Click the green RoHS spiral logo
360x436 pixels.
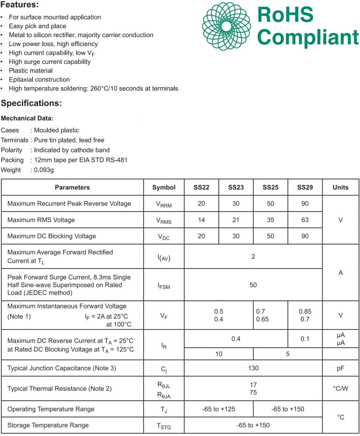pyautogui.click(x=226, y=26)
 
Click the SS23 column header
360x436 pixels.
pyautogui.click(x=236, y=187)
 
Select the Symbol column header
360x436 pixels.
pyautogui.click(x=163, y=187)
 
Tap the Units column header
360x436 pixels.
pyautogui.click(x=340, y=187)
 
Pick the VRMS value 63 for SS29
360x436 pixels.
pyautogui.click(x=305, y=220)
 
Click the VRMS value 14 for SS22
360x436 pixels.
pyautogui.click(x=201, y=220)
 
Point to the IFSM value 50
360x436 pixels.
pyautogui.click(x=253, y=285)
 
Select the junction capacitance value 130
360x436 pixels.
pyautogui.click(x=253, y=368)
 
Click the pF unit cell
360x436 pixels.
pyautogui.click(x=340, y=368)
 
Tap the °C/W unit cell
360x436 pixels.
pyautogui.click(x=340, y=388)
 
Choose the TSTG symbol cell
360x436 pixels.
pyautogui.click(x=163, y=426)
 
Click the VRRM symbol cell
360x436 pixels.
pyautogui.click(x=163, y=204)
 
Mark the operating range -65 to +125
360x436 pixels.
pyautogui.click(x=219, y=409)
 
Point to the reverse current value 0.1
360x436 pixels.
pyautogui.click(x=305, y=339)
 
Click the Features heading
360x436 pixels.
pyautogui.click(x=20, y=5)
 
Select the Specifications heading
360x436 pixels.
pyautogui.click(x=31, y=103)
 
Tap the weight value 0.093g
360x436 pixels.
pyautogui.click(x=44, y=170)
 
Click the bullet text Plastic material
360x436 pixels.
pyautogui.click(x=31, y=70)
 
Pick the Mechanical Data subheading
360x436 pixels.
pyautogui.click(x=27, y=118)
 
